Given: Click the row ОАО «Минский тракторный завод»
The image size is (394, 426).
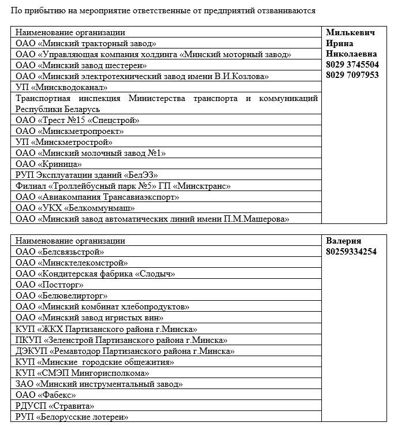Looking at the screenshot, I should (86, 43).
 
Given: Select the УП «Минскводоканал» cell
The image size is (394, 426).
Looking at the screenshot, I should (62, 87).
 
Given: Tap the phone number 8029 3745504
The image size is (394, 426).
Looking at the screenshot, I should (352, 65).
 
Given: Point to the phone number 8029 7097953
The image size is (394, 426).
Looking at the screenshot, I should (352, 75).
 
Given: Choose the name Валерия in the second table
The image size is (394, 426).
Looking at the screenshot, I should (344, 241).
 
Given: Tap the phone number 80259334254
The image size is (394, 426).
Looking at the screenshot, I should (351, 252).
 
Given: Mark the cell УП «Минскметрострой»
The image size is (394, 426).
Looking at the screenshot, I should (64, 142).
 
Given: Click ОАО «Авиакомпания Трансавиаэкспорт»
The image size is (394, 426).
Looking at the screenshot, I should (97, 197).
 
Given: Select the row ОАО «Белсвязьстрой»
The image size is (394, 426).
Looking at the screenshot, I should (59, 252).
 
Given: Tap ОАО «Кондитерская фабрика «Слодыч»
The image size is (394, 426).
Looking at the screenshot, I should (95, 274).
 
